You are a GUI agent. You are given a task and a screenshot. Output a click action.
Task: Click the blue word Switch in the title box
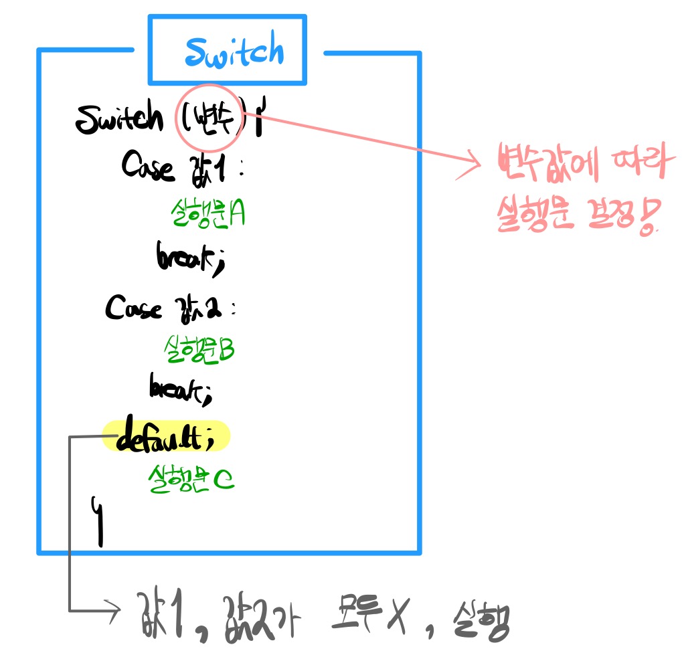coord(234,52)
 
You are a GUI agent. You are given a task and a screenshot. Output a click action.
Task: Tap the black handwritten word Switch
coord(119,119)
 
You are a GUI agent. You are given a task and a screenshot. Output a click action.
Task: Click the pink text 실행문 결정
coord(576,217)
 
